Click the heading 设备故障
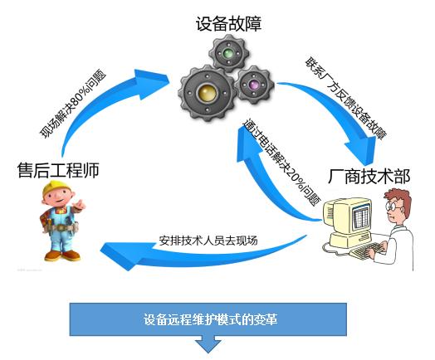228,24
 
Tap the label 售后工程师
58,170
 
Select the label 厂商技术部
369,177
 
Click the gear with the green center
228,53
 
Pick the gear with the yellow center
208,94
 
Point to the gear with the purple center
254,85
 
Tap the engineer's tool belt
59,228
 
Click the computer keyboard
365,250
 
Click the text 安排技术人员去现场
208,241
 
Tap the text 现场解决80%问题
73,105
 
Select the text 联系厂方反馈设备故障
346,99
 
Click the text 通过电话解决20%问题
281,163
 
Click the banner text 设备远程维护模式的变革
210,319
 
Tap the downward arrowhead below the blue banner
208,345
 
